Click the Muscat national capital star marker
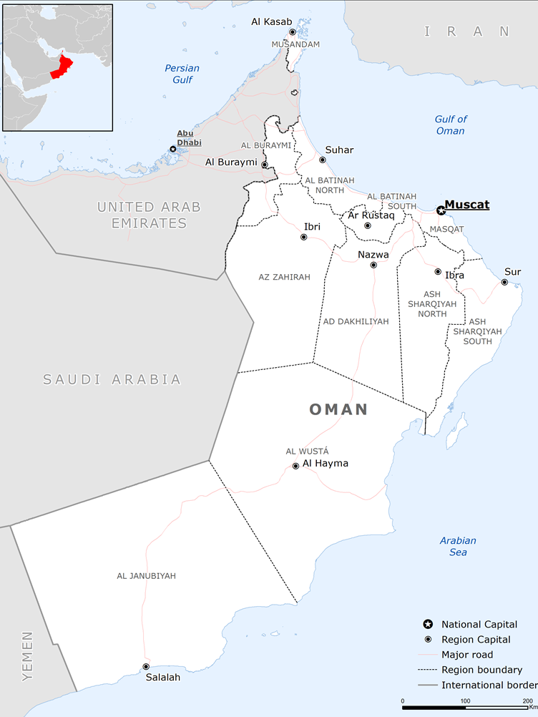tap(441, 210)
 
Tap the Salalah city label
tap(163, 678)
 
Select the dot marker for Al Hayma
tap(295, 466)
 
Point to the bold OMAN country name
tap(338, 410)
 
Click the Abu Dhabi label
tap(185, 137)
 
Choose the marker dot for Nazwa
tap(373, 265)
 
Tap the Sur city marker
tap(504, 282)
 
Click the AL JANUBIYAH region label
tap(146, 575)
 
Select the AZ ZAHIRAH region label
tap(284, 277)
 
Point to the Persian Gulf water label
tap(182, 74)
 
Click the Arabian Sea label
tap(458, 546)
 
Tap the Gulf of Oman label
tap(451, 125)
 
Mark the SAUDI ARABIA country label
tap(112, 379)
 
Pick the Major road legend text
tap(466, 655)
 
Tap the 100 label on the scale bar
tap(465, 701)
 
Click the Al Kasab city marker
tap(292, 32)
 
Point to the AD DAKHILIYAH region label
tap(356, 321)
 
